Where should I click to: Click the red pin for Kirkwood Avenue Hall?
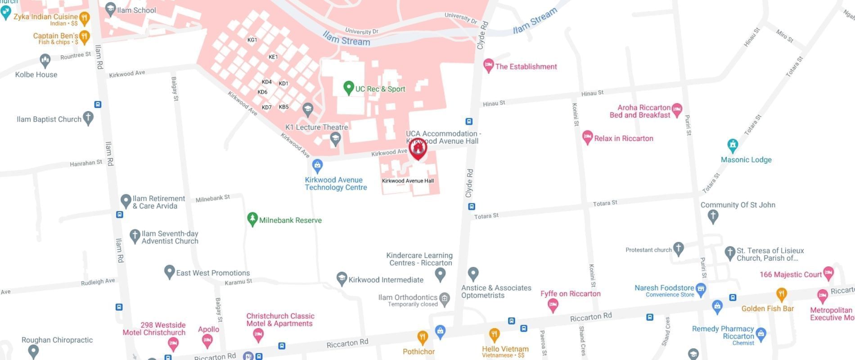tap(418, 148)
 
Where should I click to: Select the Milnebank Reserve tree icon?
tap(252, 219)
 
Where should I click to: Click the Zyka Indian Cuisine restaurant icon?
tap(84, 18)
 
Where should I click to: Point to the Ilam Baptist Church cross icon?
tap(88, 118)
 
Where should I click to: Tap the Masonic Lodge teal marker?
tap(733, 145)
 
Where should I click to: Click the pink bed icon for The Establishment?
tap(488, 65)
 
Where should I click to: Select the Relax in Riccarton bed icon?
tap(587, 137)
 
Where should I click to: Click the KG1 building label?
tap(252, 40)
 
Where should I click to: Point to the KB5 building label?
tap(283, 107)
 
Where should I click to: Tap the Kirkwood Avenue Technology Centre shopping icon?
tap(317, 166)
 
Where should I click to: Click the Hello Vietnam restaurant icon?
tap(494, 335)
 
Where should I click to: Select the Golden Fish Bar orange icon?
tap(782, 295)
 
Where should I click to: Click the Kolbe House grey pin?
tap(45, 60)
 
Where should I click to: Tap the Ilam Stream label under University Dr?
tap(346, 40)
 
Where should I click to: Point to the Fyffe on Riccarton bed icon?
tap(553, 305)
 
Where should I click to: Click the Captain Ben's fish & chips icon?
tap(84, 37)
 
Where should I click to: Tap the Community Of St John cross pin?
tap(713, 216)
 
